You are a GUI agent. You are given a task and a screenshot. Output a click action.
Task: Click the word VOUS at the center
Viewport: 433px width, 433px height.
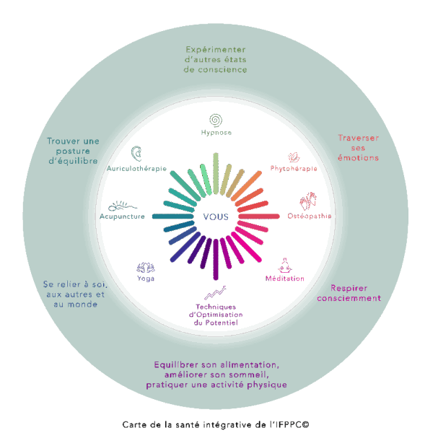(x=215, y=216)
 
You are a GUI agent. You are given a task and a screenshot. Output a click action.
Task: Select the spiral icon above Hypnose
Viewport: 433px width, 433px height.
(x=214, y=119)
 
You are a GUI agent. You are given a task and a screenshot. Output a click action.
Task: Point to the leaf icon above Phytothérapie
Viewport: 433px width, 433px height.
(x=294, y=157)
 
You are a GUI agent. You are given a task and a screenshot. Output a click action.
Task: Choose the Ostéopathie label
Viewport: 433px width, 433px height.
(x=310, y=216)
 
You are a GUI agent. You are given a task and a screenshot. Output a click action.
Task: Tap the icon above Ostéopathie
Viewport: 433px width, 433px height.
(x=308, y=200)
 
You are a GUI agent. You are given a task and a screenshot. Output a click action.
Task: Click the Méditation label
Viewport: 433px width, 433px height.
(x=284, y=279)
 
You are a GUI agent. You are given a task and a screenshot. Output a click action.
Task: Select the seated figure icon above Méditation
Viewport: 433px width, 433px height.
(x=284, y=265)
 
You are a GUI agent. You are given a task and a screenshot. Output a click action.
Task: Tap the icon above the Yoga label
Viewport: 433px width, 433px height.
(x=145, y=266)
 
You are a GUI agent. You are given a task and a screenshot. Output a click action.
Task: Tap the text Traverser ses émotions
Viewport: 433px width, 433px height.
(x=359, y=147)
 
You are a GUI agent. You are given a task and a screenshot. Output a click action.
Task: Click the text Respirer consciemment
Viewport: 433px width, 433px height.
(x=349, y=292)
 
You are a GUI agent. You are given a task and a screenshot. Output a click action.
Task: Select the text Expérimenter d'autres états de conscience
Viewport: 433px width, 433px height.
(x=216, y=60)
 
